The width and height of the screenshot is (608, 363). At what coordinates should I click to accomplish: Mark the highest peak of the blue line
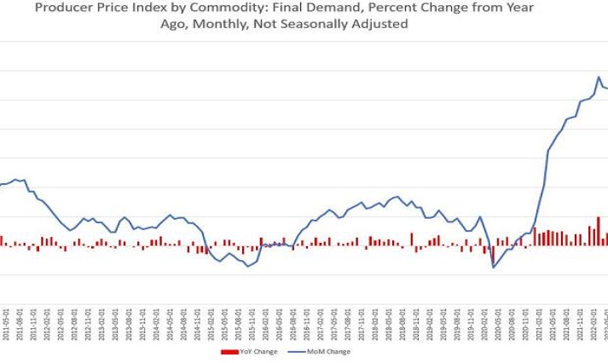(599, 77)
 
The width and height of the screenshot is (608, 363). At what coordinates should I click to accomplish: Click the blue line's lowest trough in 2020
(493, 268)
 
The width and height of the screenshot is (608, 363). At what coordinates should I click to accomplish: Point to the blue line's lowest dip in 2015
(248, 267)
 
